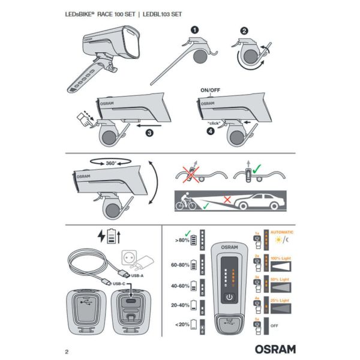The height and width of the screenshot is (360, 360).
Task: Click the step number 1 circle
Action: pyautogui.click(x=194, y=29)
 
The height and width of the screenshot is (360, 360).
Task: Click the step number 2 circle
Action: pyautogui.click(x=244, y=32)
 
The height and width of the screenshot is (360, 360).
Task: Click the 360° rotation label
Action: pyautogui.click(x=110, y=162)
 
